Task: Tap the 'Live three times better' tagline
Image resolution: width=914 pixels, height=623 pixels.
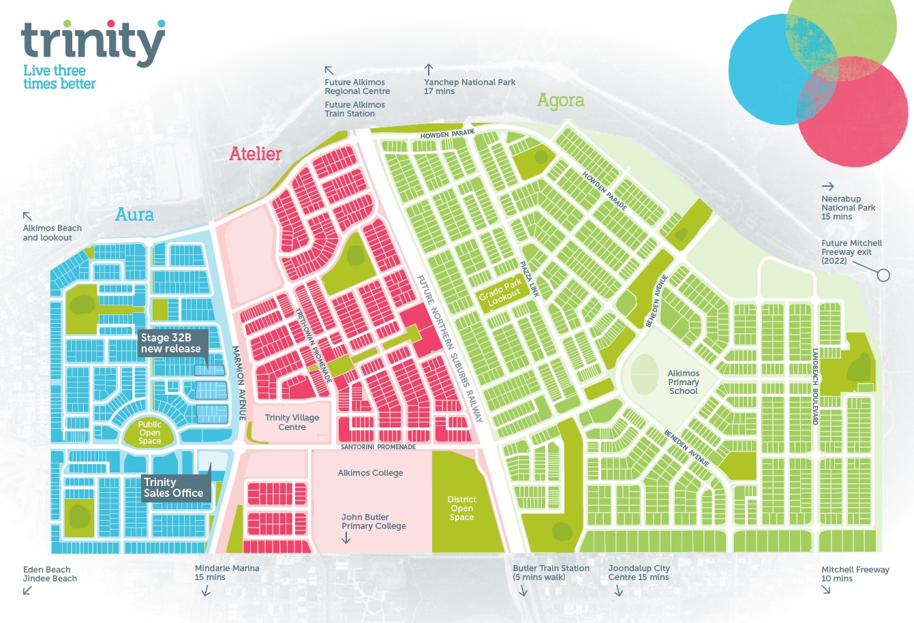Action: tap(59, 77)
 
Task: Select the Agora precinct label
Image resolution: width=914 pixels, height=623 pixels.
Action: tap(560, 100)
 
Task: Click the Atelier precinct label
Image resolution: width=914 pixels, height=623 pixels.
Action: tap(255, 153)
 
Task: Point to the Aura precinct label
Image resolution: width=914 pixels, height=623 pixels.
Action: tap(134, 215)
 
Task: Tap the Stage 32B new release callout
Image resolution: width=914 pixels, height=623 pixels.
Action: tap(170, 343)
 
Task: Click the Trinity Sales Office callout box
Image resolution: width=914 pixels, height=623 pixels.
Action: tap(173, 487)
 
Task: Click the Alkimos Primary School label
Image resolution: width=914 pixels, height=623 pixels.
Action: tap(683, 382)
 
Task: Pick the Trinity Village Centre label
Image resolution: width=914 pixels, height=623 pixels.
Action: tap(292, 423)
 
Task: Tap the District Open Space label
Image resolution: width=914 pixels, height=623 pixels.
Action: tap(461, 508)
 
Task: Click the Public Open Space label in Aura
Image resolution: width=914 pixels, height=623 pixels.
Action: tap(150, 433)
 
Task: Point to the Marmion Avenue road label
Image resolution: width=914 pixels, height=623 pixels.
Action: tap(238, 382)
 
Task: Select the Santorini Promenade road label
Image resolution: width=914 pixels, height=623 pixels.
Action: tap(378, 447)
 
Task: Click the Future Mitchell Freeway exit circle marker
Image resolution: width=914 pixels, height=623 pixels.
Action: tap(883, 275)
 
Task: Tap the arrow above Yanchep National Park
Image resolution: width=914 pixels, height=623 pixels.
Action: tap(429, 70)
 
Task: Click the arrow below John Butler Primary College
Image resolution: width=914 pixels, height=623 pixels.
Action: tap(346, 538)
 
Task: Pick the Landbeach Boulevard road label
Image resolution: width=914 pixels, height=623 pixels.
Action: tap(814, 386)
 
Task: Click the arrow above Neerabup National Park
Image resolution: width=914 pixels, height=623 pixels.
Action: tap(827, 186)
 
